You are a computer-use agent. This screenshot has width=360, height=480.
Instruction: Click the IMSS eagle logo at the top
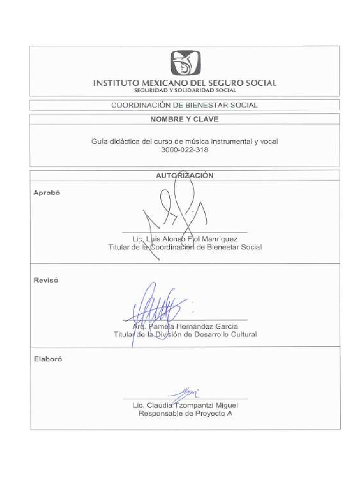[x=185, y=63]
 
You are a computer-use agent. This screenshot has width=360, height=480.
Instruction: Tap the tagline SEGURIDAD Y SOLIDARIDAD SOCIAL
[x=185, y=90]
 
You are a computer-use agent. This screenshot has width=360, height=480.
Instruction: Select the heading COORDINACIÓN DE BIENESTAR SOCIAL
[x=184, y=105]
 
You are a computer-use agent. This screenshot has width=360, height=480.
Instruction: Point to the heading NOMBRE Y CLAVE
[x=184, y=119]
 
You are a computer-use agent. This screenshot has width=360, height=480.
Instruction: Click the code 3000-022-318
[x=184, y=150]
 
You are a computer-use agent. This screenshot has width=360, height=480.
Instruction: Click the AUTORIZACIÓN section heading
[x=184, y=176]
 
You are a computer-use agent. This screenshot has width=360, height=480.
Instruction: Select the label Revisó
[x=46, y=280]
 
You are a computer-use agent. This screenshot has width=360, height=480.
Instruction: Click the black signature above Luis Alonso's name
[x=176, y=211]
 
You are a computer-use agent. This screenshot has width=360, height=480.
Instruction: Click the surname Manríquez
[x=219, y=239]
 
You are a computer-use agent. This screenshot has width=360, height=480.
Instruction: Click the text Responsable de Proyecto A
[x=185, y=414]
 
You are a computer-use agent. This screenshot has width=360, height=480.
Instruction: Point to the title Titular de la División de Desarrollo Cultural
[x=185, y=335]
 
